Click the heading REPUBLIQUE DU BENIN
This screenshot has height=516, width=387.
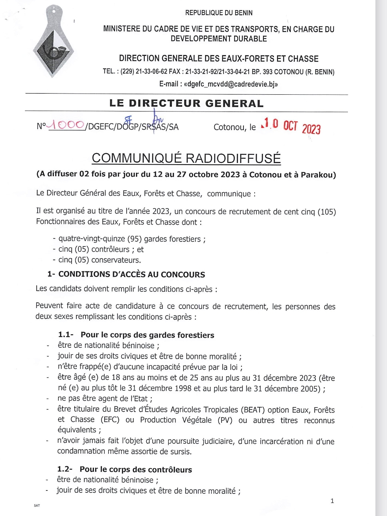[x=219, y=13]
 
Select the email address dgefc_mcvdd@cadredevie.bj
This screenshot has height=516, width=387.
[x=231, y=84]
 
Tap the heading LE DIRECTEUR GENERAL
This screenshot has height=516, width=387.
[x=186, y=104]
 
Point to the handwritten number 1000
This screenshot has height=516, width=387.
[x=66, y=125]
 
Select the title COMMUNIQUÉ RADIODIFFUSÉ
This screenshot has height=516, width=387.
[x=186, y=158]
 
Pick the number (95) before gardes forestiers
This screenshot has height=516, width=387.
[x=135, y=239]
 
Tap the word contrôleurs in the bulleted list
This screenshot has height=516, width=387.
[x=110, y=249]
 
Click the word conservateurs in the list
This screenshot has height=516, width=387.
[x=116, y=260]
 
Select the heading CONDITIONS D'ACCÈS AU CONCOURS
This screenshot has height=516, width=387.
[x=132, y=275]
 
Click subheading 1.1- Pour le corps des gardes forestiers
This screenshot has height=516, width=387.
[x=136, y=335]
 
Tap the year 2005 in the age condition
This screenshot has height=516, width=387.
[x=310, y=388]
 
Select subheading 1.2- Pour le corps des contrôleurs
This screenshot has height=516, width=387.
[x=125, y=470]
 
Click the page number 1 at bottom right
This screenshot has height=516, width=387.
[x=332, y=501]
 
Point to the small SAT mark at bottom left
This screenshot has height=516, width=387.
[x=37, y=506]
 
